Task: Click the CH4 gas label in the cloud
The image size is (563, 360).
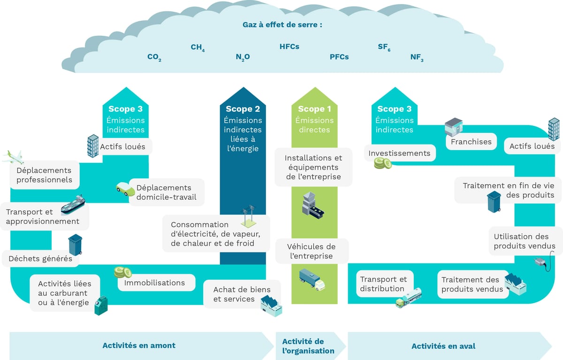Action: click(x=197, y=47)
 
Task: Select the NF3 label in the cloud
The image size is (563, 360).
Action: click(x=417, y=57)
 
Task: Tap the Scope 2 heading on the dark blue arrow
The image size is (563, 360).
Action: click(x=243, y=109)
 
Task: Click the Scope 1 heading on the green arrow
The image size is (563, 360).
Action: click(x=314, y=109)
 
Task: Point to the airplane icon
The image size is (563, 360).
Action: click(x=13, y=156)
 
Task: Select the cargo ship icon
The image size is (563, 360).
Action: click(x=73, y=205)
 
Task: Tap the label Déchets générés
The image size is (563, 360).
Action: click(x=40, y=259)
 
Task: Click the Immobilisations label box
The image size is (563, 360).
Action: click(x=154, y=283)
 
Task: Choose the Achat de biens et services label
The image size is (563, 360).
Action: click(x=234, y=294)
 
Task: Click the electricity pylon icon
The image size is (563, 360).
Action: click(x=249, y=216)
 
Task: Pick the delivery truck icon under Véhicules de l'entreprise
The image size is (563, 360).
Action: click(x=312, y=279)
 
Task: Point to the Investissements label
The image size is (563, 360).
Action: click(x=399, y=153)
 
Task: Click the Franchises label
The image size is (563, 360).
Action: click(x=471, y=141)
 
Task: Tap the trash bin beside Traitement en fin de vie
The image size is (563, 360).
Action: click(x=494, y=201)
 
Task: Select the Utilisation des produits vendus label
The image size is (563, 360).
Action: click(x=524, y=241)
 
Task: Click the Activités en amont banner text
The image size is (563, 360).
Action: click(x=139, y=345)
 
